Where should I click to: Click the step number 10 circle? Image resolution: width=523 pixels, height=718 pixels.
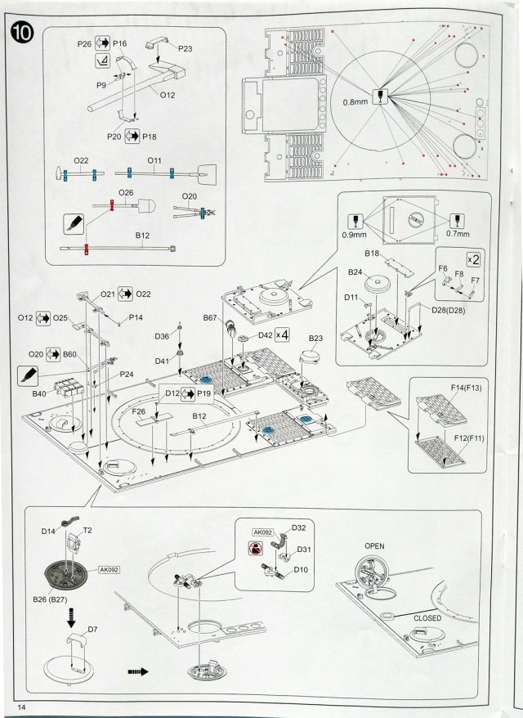(x=19, y=34)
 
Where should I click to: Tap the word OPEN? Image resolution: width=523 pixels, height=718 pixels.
(x=375, y=545)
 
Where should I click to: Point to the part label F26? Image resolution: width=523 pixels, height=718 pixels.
(x=138, y=411)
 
